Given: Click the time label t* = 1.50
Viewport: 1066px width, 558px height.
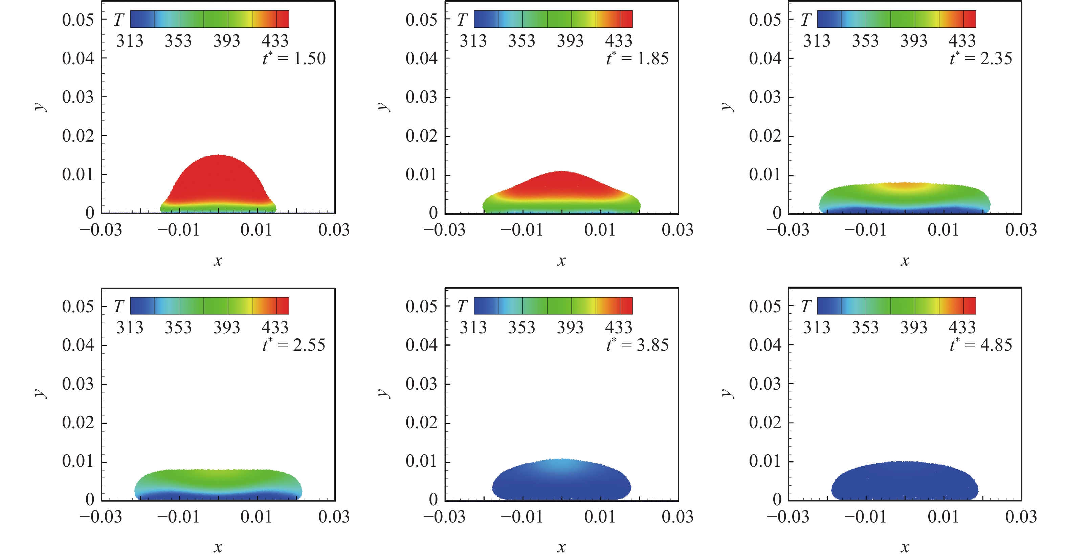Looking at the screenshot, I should pos(294,58).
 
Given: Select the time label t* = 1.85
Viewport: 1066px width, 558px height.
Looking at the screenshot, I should pos(637,58).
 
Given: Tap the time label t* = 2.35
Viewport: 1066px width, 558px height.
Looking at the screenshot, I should pos(981,58).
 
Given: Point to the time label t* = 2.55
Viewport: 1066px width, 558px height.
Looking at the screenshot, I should pos(294,345).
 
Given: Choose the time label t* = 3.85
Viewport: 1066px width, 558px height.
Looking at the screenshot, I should pos(637,345).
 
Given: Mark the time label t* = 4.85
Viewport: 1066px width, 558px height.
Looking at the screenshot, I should pos(981,345).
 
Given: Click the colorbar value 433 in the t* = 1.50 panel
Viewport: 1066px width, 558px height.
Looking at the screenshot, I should pos(275,41).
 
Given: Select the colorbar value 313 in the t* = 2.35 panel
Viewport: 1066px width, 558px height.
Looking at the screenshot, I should pos(817,41).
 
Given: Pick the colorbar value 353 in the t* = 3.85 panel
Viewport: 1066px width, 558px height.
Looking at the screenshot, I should pos(522,328).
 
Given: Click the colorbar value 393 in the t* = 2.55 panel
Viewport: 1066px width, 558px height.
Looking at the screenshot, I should pos(227,328).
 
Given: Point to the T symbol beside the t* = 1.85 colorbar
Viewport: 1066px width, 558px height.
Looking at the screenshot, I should pos(462,19).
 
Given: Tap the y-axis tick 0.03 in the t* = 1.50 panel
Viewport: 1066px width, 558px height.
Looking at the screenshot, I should pos(78,97).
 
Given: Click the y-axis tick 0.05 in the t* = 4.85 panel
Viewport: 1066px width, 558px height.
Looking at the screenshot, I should pos(765,306).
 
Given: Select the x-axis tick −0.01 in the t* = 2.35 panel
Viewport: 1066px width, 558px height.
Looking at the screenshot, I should pos(865,230).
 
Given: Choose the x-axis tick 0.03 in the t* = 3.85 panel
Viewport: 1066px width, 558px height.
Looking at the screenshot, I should pos(678,517).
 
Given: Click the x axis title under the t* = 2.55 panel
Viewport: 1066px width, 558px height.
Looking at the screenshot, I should pos(218,548).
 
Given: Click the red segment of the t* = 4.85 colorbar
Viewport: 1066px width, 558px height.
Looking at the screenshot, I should pos(970,306).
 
